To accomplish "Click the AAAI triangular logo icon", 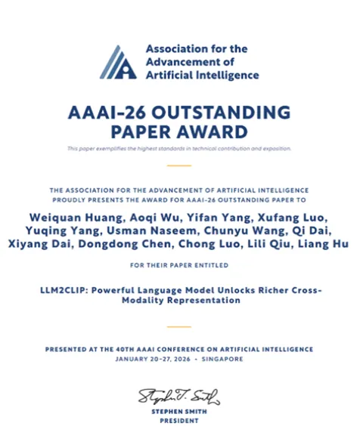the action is click(x=119, y=62).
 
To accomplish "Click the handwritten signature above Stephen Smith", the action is click(x=178, y=395).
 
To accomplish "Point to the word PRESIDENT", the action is click(x=179, y=422).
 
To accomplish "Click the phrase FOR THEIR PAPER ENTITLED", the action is click(x=179, y=265).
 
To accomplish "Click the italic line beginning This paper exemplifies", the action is click(x=179, y=148).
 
